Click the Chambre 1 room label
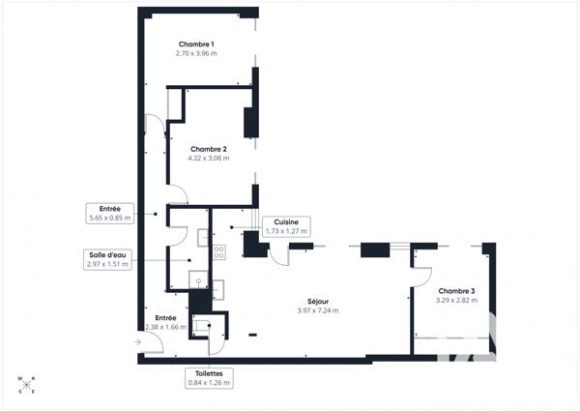[196, 44]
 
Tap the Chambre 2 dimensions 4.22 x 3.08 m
[208, 158]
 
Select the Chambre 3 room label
[456, 291]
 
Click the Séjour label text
[318, 301]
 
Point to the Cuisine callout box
[285, 226]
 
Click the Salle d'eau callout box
[107, 259]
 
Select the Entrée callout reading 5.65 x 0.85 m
[107, 213]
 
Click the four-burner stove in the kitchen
[218, 250]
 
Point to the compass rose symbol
[26, 384]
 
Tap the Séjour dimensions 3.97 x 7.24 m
[318, 310]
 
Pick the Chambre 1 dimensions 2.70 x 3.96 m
[196, 54]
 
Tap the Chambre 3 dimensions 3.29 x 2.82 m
[456, 301]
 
